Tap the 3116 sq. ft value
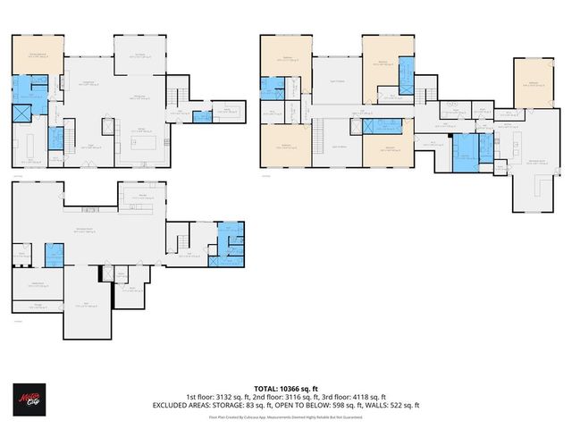point(298,397)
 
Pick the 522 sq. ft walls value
point(402,405)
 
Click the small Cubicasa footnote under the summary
point(285,416)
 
